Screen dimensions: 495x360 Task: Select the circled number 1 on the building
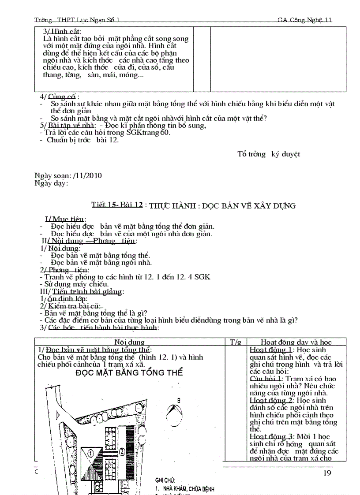click(90, 452)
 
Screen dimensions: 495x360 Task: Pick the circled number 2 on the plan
click(120, 452)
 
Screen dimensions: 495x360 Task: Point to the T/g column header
click(235, 342)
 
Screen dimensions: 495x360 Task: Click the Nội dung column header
click(130, 342)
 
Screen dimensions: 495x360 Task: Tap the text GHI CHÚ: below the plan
click(165, 480)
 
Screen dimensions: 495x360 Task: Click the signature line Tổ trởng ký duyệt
click(268, 154)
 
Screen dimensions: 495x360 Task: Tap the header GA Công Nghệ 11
click(304, 20)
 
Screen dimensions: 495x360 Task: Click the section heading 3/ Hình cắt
click(59, 31)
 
